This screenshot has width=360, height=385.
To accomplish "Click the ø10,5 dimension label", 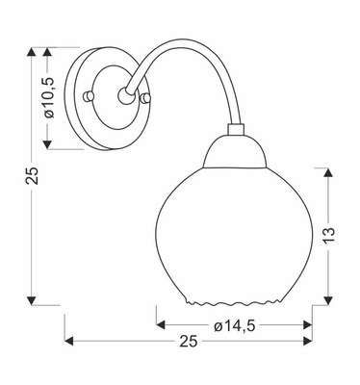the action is tap(49, 98).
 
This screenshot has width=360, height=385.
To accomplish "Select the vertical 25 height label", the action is tap(32, 176).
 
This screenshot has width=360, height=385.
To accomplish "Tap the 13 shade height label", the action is tap(328, 235).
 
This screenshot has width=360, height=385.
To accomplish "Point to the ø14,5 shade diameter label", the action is tap(235, 326).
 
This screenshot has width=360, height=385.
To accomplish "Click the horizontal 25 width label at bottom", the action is tap(189, 342).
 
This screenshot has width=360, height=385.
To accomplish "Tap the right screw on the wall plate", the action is tap(145, 98).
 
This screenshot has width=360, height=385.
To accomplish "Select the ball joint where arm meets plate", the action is tap(125, 95).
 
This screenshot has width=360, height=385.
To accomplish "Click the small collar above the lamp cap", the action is tap(235, 129).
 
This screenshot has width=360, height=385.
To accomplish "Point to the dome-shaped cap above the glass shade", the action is tap(235, 151).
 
